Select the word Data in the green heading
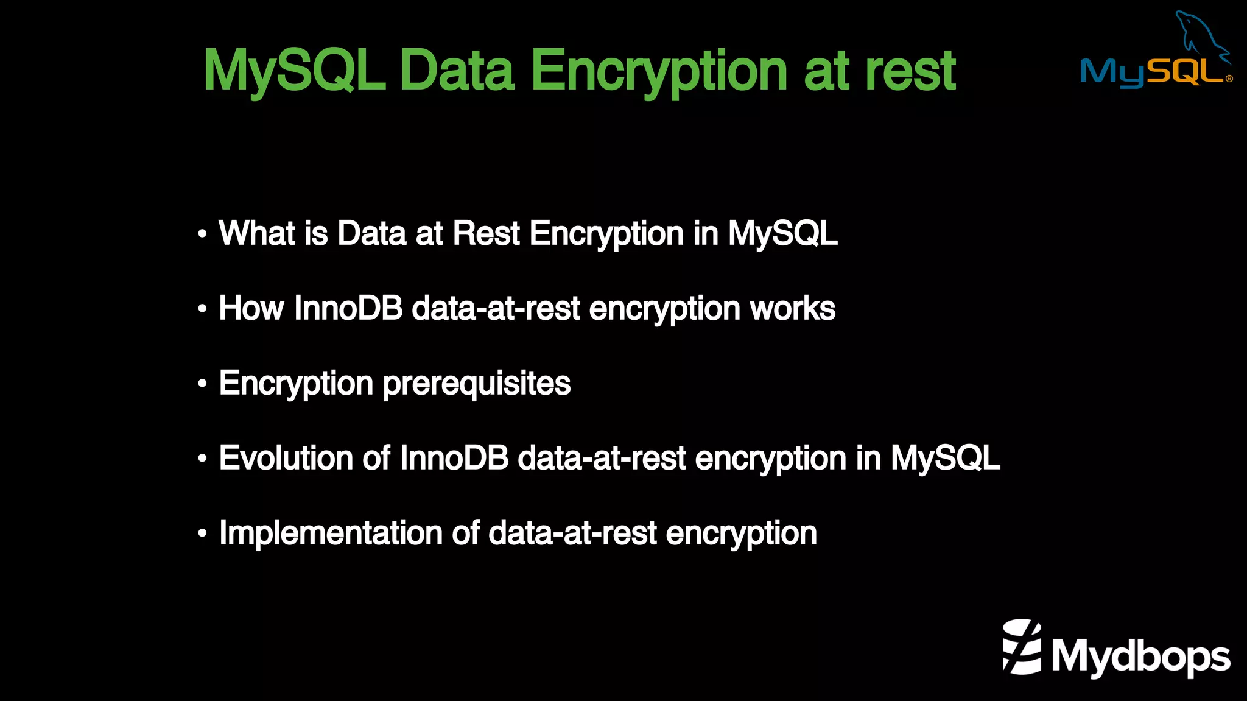[x=457, y=71]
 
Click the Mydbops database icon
[x=1022, y=647]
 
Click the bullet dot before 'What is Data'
[x=203, y=234]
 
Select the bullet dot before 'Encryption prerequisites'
[x=203, y=384]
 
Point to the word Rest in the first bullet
[x=486, y=233]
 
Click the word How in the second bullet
[x=251, y=308]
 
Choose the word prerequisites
[x=477, y=384]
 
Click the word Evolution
[x=286, y=458]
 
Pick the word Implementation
[x=331, y=533]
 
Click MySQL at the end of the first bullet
[x=782, y=233]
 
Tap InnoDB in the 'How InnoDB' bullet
[x=348, y=308]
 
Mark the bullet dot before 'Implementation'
[x=203, y=534]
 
